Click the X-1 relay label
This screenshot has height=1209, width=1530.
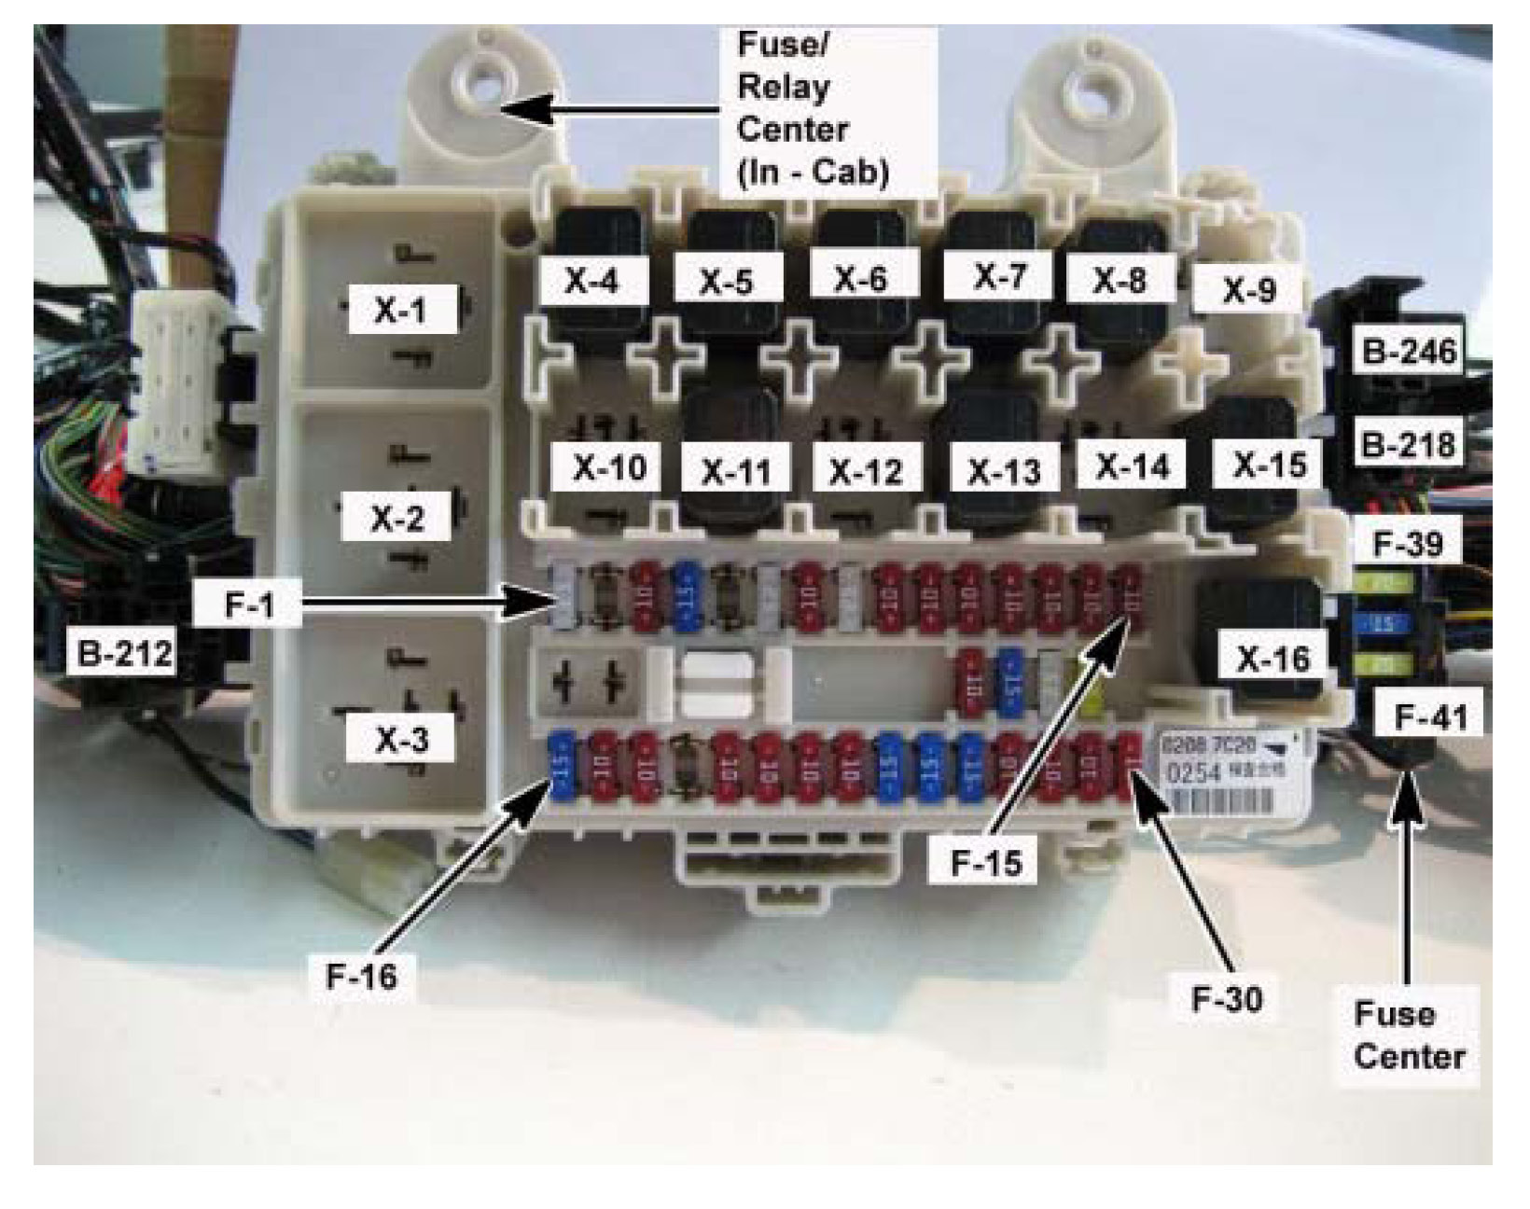pos(400,310)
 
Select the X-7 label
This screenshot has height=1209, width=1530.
pos(999,276)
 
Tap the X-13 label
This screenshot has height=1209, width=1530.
pos(1005,471)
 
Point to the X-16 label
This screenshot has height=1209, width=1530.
pos(1273,660)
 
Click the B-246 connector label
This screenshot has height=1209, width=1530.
pos(1409,352)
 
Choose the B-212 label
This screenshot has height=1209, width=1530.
pos(125,653)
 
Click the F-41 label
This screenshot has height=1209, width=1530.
pos(1430,716)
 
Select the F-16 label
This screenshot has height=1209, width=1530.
pos(361,977)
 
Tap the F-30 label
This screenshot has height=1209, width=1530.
pos(1227,998)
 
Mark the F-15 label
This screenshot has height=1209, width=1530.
pos(986,863)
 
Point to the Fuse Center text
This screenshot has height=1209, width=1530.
pos(1409,1035)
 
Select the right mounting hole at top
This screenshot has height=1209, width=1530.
pos(1092,94)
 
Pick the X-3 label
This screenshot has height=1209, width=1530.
pos(401,740)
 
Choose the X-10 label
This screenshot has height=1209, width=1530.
pos(609,467)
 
